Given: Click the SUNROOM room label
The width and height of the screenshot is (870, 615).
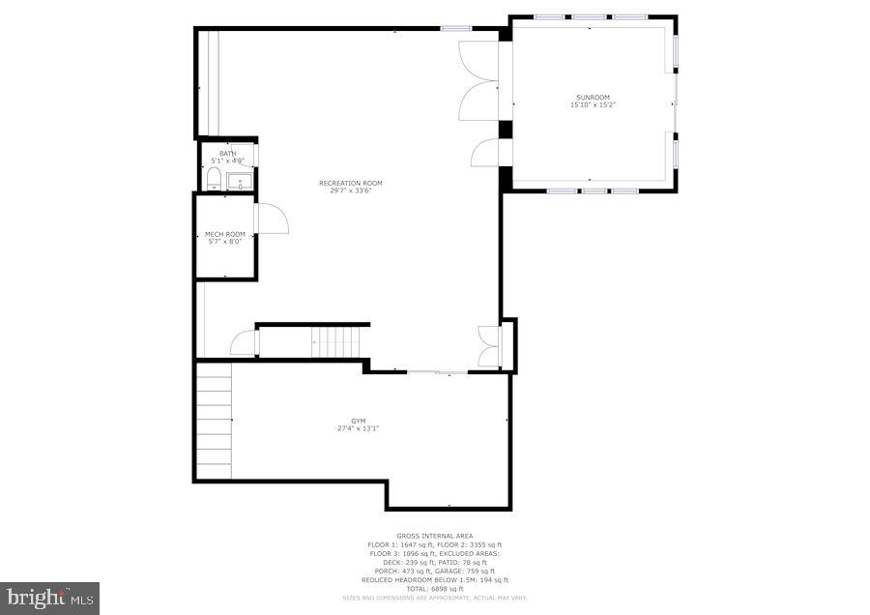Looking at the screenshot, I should tap(593, 98).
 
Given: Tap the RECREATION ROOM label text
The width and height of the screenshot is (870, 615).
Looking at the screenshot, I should tap(351, 183).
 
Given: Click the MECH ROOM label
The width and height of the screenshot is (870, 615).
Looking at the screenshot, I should tap(225, 234).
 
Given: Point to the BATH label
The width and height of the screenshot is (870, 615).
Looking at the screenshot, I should tap(227, 153).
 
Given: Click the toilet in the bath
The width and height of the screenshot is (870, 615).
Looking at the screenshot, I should tap(214, 178).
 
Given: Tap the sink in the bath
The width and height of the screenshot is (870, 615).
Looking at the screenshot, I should tap(241, 179).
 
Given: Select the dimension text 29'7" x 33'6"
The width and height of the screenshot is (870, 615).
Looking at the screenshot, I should tap(351, 190).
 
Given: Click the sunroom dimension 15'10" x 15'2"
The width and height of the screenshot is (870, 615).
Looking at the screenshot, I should tap(593, 104).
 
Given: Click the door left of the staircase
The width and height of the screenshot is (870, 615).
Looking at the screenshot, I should tap(245, 343).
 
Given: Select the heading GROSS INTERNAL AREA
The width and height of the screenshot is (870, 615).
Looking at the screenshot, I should tap(434, 536).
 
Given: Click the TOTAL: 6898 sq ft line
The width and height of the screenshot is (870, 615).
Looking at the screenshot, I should tap(434, 589).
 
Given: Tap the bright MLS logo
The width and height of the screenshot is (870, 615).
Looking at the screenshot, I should tap(50, 598).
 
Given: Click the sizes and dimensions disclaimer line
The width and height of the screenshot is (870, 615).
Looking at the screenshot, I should tap(434, 599).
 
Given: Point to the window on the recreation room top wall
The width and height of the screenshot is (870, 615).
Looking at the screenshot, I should tap(455, 29).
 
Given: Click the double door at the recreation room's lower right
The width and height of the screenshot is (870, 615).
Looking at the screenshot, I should tap(490, 347).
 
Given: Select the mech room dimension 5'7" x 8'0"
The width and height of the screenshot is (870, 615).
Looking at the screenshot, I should tap(225, 242).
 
